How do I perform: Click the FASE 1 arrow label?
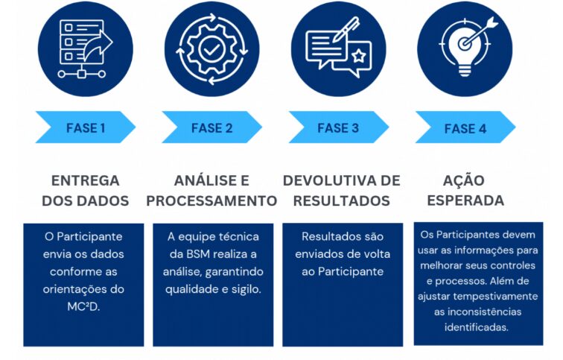tap(86, 127)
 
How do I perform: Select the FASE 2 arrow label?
tap(211, 127)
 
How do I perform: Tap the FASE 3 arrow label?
tap(339, 127)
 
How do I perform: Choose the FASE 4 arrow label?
tap(465, 127)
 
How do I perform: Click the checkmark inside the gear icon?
tap(211, 50)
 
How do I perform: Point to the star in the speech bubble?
tap(358, 56)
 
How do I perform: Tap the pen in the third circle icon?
tap(346, 29)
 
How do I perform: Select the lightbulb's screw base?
tap(465, 70)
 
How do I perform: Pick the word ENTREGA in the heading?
tap(86, 180)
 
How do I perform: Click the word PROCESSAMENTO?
tap(211, 200)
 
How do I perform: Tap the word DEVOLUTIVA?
tap(331, 180)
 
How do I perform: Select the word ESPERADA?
tap(465, 200)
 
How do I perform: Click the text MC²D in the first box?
tap(83, 306)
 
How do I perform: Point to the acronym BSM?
tap(198, 254)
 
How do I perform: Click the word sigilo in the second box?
tap(246, 289)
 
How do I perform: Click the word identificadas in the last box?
tap(476, 327)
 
